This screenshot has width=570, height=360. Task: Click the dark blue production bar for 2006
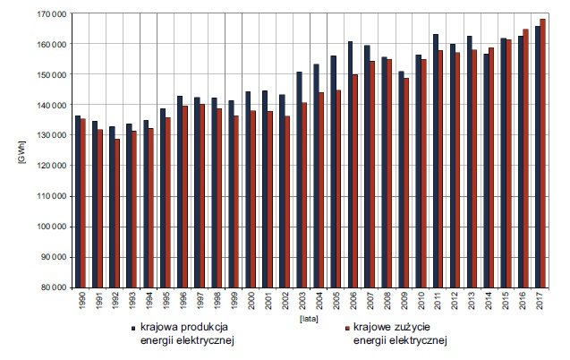(351, 165)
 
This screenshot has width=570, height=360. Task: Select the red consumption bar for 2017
(543, 153)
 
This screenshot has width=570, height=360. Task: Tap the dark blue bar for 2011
(436, 160)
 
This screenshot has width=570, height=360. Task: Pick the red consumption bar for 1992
(117, 213)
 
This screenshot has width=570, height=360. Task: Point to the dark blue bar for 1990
(78, 201)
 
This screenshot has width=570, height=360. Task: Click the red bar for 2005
(338, 189)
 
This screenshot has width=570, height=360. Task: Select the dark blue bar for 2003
(299, 180)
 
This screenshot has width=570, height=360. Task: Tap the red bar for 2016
(525, 159)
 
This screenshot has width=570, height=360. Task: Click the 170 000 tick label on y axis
(52, 13)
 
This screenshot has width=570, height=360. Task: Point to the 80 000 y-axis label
(54, 287)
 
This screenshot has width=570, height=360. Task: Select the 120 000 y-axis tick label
(52, 166)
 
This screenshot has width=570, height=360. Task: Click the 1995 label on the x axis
(166, 300)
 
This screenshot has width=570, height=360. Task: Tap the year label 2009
(404, 300)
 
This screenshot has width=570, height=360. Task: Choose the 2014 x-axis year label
(489, 300)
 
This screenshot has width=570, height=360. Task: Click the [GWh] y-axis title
(21, 151)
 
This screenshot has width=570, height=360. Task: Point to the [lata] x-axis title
(309, 319)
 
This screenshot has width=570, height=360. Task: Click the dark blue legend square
(133, 328)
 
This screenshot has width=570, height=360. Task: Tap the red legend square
(346, 328)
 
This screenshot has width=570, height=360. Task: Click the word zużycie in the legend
(412, 327)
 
